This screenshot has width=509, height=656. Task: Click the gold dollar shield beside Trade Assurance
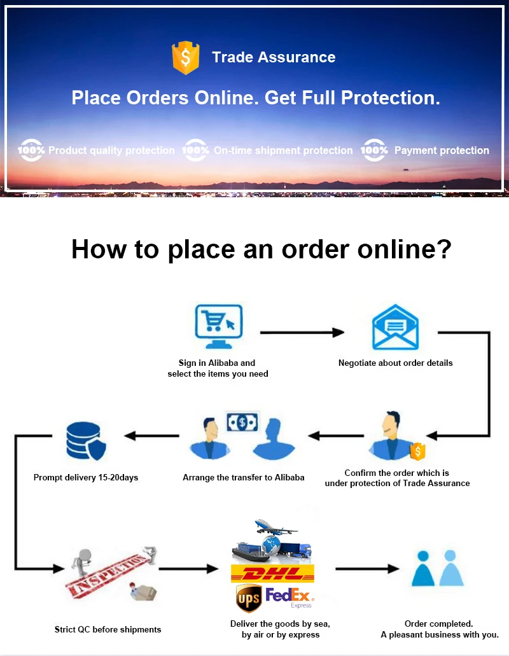pos(185,57)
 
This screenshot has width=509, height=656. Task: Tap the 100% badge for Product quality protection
pos(31,150)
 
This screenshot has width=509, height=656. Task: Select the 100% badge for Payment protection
pos(374,150)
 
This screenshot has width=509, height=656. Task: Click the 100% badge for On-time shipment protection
pos(195,150)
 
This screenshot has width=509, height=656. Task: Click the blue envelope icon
pos(395,327)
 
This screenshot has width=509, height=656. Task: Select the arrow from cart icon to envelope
pos(302,332)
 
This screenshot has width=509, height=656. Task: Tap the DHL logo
pos(272,573)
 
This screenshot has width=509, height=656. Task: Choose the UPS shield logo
pos(248,598)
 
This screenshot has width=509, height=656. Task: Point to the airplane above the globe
pos(275,527)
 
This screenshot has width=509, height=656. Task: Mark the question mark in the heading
pos(443,249)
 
